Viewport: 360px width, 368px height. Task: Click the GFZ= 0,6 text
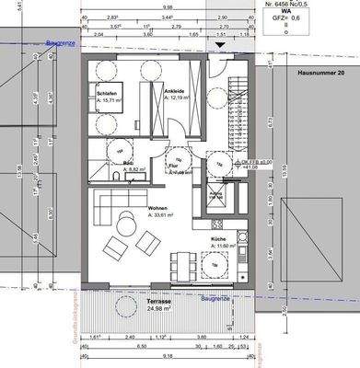[x=319, y=16]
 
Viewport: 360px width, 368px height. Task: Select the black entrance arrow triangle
[x=218, y=43]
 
